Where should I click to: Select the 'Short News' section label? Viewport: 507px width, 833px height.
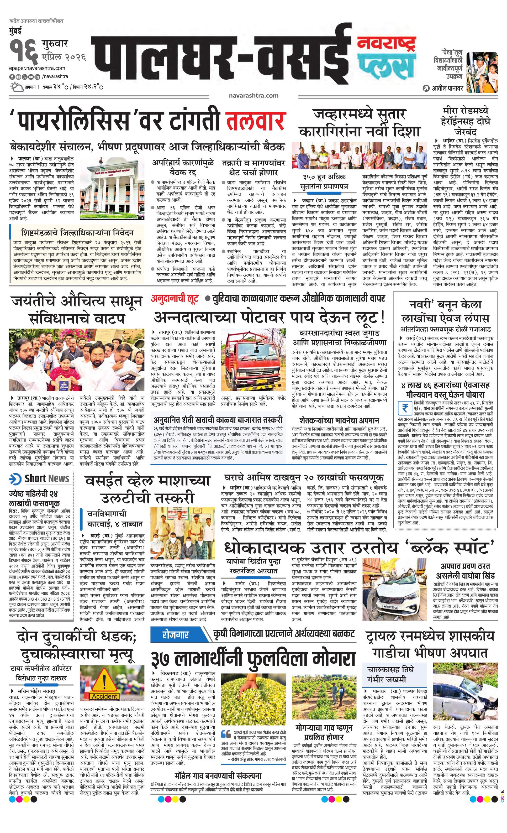[x=40, y=479]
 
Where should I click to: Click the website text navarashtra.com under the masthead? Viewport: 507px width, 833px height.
[x=253, y=96]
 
